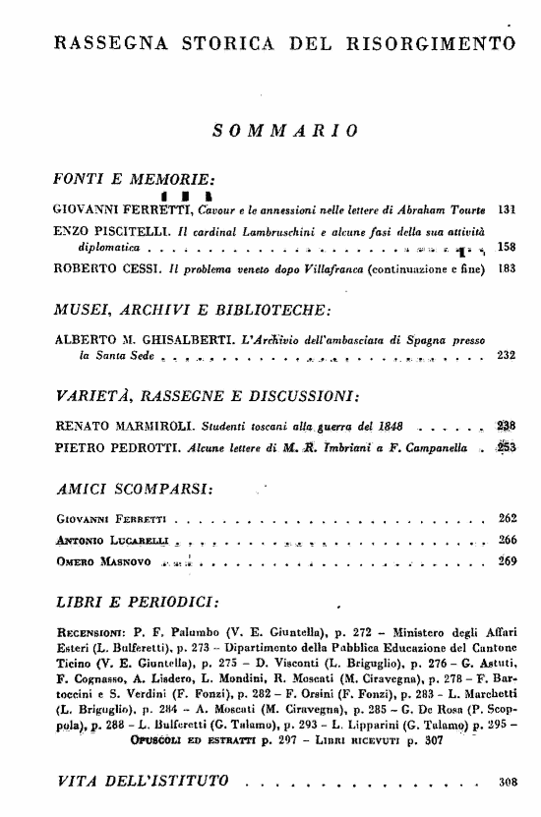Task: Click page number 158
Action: pos(508,246)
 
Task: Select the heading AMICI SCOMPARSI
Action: pos(135,489)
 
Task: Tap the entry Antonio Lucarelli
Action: pos(99,540)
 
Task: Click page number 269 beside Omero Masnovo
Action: pos(508,561)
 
